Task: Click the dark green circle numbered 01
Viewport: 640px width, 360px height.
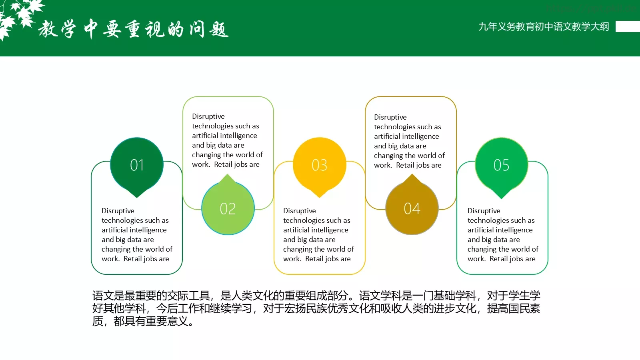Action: click(137, 164)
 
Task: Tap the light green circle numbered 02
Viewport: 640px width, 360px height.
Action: click(228, 208)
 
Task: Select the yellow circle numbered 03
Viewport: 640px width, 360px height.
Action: click(320, 164)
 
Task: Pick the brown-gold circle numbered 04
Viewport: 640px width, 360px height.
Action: click(412, 208)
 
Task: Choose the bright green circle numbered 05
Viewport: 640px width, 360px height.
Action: click(502, 164)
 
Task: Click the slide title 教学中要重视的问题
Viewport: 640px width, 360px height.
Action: click(134, 29)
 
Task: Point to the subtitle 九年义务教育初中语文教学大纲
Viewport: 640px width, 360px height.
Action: click(544, 27)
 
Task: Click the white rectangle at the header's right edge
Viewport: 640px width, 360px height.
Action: click(628, 26)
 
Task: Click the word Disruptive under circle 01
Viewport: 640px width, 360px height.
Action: click(118, 211)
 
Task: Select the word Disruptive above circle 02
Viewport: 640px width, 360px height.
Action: click(208, 116)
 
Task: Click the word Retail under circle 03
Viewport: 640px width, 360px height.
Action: click(315, 259)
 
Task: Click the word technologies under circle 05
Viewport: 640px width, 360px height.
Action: click(488, 220)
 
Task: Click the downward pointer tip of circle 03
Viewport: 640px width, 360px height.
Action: click(320, 196)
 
